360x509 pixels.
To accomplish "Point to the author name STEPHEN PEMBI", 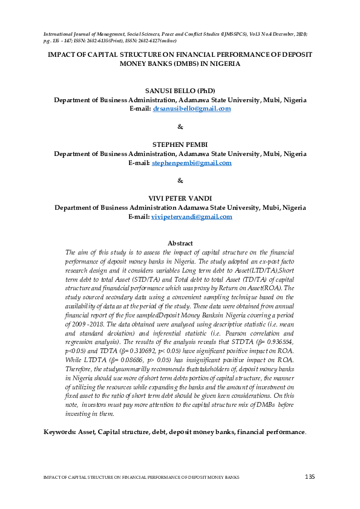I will click(180, 144).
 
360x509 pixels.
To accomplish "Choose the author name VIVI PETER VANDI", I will click(180, 198).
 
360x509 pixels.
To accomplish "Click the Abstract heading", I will click(180, 243).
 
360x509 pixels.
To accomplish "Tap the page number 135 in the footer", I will click(309, 478).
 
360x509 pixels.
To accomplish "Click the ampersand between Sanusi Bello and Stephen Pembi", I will click(180, 127).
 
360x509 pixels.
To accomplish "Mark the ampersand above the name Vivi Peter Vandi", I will click(180, 181).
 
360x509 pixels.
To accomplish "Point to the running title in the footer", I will click(141, 478).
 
